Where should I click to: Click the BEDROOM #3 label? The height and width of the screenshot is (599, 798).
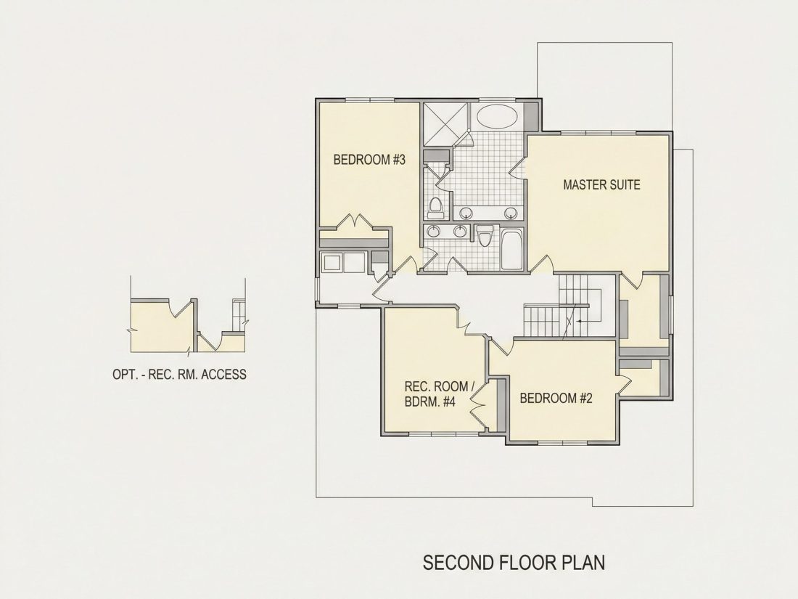coord(369,160)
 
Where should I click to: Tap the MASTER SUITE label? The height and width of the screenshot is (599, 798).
coord(601,184)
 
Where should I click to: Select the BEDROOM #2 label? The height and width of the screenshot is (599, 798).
coord(556,398)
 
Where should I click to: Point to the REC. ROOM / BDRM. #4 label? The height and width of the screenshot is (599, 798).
coord(439,394)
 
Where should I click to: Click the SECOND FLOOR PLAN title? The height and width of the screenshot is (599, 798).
coord(514,563)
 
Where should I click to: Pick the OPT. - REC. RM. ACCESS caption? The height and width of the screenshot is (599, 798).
coord(179,375)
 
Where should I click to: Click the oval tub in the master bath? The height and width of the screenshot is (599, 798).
coord(497,116)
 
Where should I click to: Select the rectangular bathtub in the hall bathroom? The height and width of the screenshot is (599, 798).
coord(511,249)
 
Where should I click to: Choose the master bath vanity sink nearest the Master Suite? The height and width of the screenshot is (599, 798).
coord(511,213)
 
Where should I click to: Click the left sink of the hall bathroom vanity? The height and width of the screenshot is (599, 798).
coord(434,231)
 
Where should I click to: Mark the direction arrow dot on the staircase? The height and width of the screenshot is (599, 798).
coord(578,322)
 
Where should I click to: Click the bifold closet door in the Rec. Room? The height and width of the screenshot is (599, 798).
coord(477,404)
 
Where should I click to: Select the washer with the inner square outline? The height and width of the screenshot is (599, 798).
coord(332,263)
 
